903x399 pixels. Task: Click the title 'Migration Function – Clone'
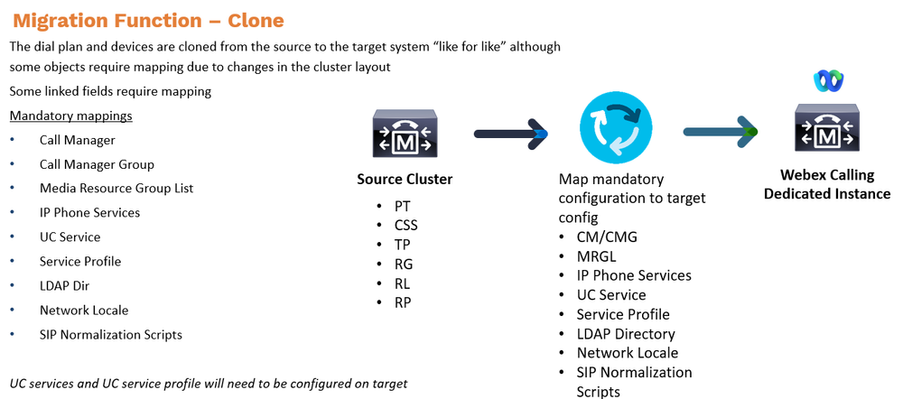coord(148,20)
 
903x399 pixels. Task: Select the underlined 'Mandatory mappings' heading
coord(70,116)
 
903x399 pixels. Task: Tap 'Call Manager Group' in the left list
coord(97,164)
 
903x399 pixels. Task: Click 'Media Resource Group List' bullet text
coord(116,189)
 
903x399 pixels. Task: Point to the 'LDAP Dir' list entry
coord(66,286)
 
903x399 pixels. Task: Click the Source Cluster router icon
coord(405,134)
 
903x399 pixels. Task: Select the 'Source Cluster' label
coord(405,179)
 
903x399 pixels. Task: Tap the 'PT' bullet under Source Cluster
coord(402,206)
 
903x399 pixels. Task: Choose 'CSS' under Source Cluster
coord(405,225)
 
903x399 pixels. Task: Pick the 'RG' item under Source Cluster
coord(403,264)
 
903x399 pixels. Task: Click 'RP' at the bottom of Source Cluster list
coord(402,302)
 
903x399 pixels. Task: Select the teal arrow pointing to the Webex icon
coord(719,133)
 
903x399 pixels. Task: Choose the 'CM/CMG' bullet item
coord(606,237)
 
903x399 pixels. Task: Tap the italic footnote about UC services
coord(208,383)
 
